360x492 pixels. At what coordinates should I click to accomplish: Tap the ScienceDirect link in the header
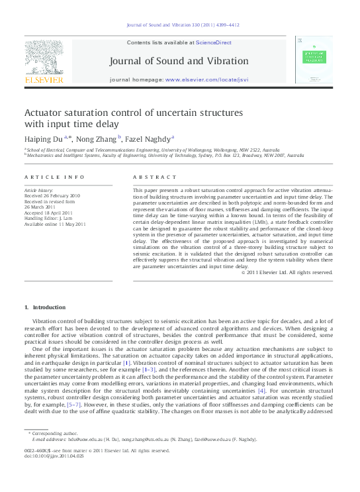coord(213,42)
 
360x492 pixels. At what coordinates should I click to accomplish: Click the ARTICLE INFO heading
coord(54,177)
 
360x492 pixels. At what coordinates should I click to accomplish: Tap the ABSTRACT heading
coord(155,177)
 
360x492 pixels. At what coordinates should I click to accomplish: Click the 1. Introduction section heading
coord(45,307)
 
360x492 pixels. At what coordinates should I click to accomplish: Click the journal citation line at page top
coord(179,26)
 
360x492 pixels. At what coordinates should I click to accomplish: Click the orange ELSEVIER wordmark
coord(44,79)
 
